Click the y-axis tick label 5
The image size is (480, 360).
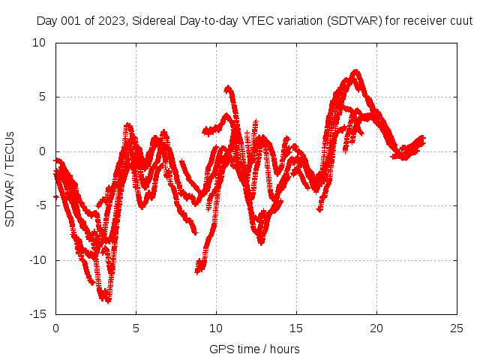tap(42, 97)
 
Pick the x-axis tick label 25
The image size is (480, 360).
tap(457, 328)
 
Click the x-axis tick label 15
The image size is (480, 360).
tap(296, 328)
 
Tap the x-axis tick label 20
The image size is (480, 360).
tap(376, 328)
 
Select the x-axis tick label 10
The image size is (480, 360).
tap(216, 328)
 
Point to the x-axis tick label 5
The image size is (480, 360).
tap(136, 328)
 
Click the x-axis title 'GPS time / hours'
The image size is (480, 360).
tap(254, 349)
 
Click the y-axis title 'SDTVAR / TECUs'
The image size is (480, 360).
tap(10, 178)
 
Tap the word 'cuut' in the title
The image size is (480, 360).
tap(460, 21)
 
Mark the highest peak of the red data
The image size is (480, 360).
tap(356, 72)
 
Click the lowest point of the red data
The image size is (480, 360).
tap(108, 301)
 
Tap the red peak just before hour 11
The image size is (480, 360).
tap(228, 88)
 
